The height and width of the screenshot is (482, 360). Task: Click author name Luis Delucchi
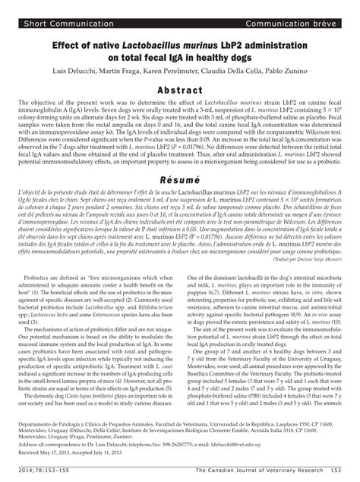(81, 70)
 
